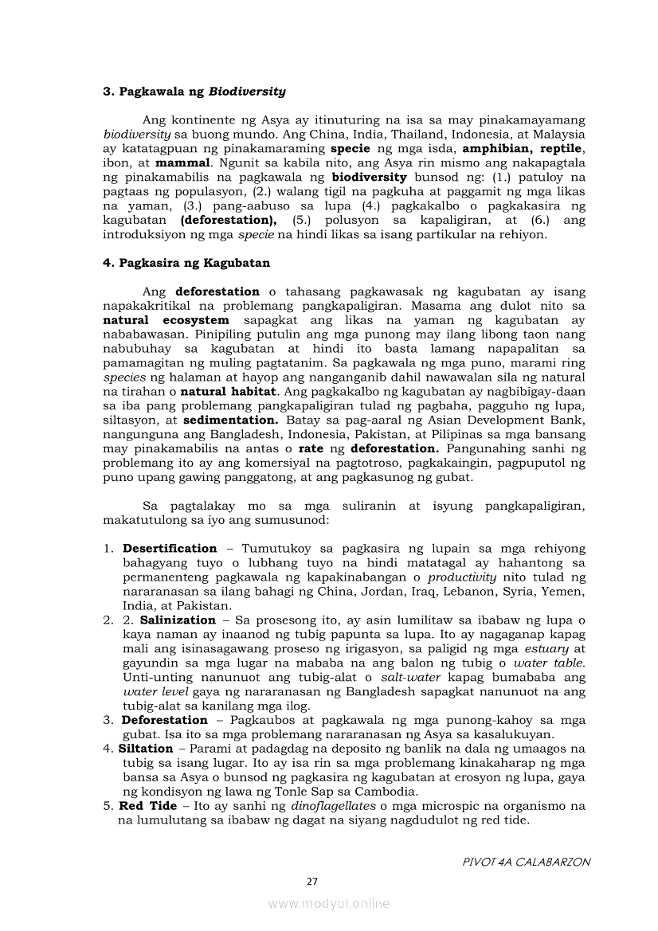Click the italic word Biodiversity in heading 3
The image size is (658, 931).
click(x=247, y=92)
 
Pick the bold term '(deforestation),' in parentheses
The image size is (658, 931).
click(x=229, y=220)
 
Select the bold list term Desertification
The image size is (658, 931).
click(x=170, y=549)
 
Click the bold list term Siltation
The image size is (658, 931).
click(x=146, y=749)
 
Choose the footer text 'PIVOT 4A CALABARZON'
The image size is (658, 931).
click(x=527, y=862)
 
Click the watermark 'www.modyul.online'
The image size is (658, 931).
click(x=329, y=904)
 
